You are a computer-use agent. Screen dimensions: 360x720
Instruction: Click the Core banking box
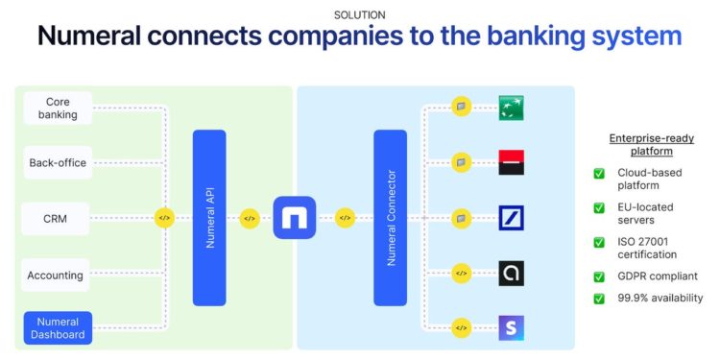point(57,108)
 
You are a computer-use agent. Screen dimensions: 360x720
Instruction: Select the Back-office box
point(57,162)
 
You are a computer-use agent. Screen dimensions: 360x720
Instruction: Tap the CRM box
point(57,218)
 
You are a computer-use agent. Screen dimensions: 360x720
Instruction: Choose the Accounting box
point(56,275)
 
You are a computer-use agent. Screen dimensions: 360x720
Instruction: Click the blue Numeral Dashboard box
point(57,328)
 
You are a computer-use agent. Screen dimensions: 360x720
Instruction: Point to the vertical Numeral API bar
point(209,217)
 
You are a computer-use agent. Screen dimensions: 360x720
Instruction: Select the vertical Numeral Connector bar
point(390,217)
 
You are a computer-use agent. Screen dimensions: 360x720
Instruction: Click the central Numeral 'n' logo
point(295,218)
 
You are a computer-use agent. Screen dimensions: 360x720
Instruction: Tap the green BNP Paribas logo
point(511,107)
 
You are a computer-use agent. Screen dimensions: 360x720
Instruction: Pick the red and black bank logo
point(511,162)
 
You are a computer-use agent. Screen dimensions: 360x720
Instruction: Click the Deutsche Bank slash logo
point(511,218)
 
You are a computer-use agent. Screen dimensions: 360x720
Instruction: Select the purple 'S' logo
point(511,328)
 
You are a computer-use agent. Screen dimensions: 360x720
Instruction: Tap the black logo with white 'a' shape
point(511,274)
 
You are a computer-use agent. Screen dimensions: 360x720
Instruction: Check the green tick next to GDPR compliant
point(599,276)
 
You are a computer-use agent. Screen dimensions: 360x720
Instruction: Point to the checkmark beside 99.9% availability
point(599,299)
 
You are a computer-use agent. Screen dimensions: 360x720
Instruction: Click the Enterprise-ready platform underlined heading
point(652,145)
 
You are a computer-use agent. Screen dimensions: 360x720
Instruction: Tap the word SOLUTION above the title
point(360,14)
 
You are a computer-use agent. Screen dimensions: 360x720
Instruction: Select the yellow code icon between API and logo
point(250,218)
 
